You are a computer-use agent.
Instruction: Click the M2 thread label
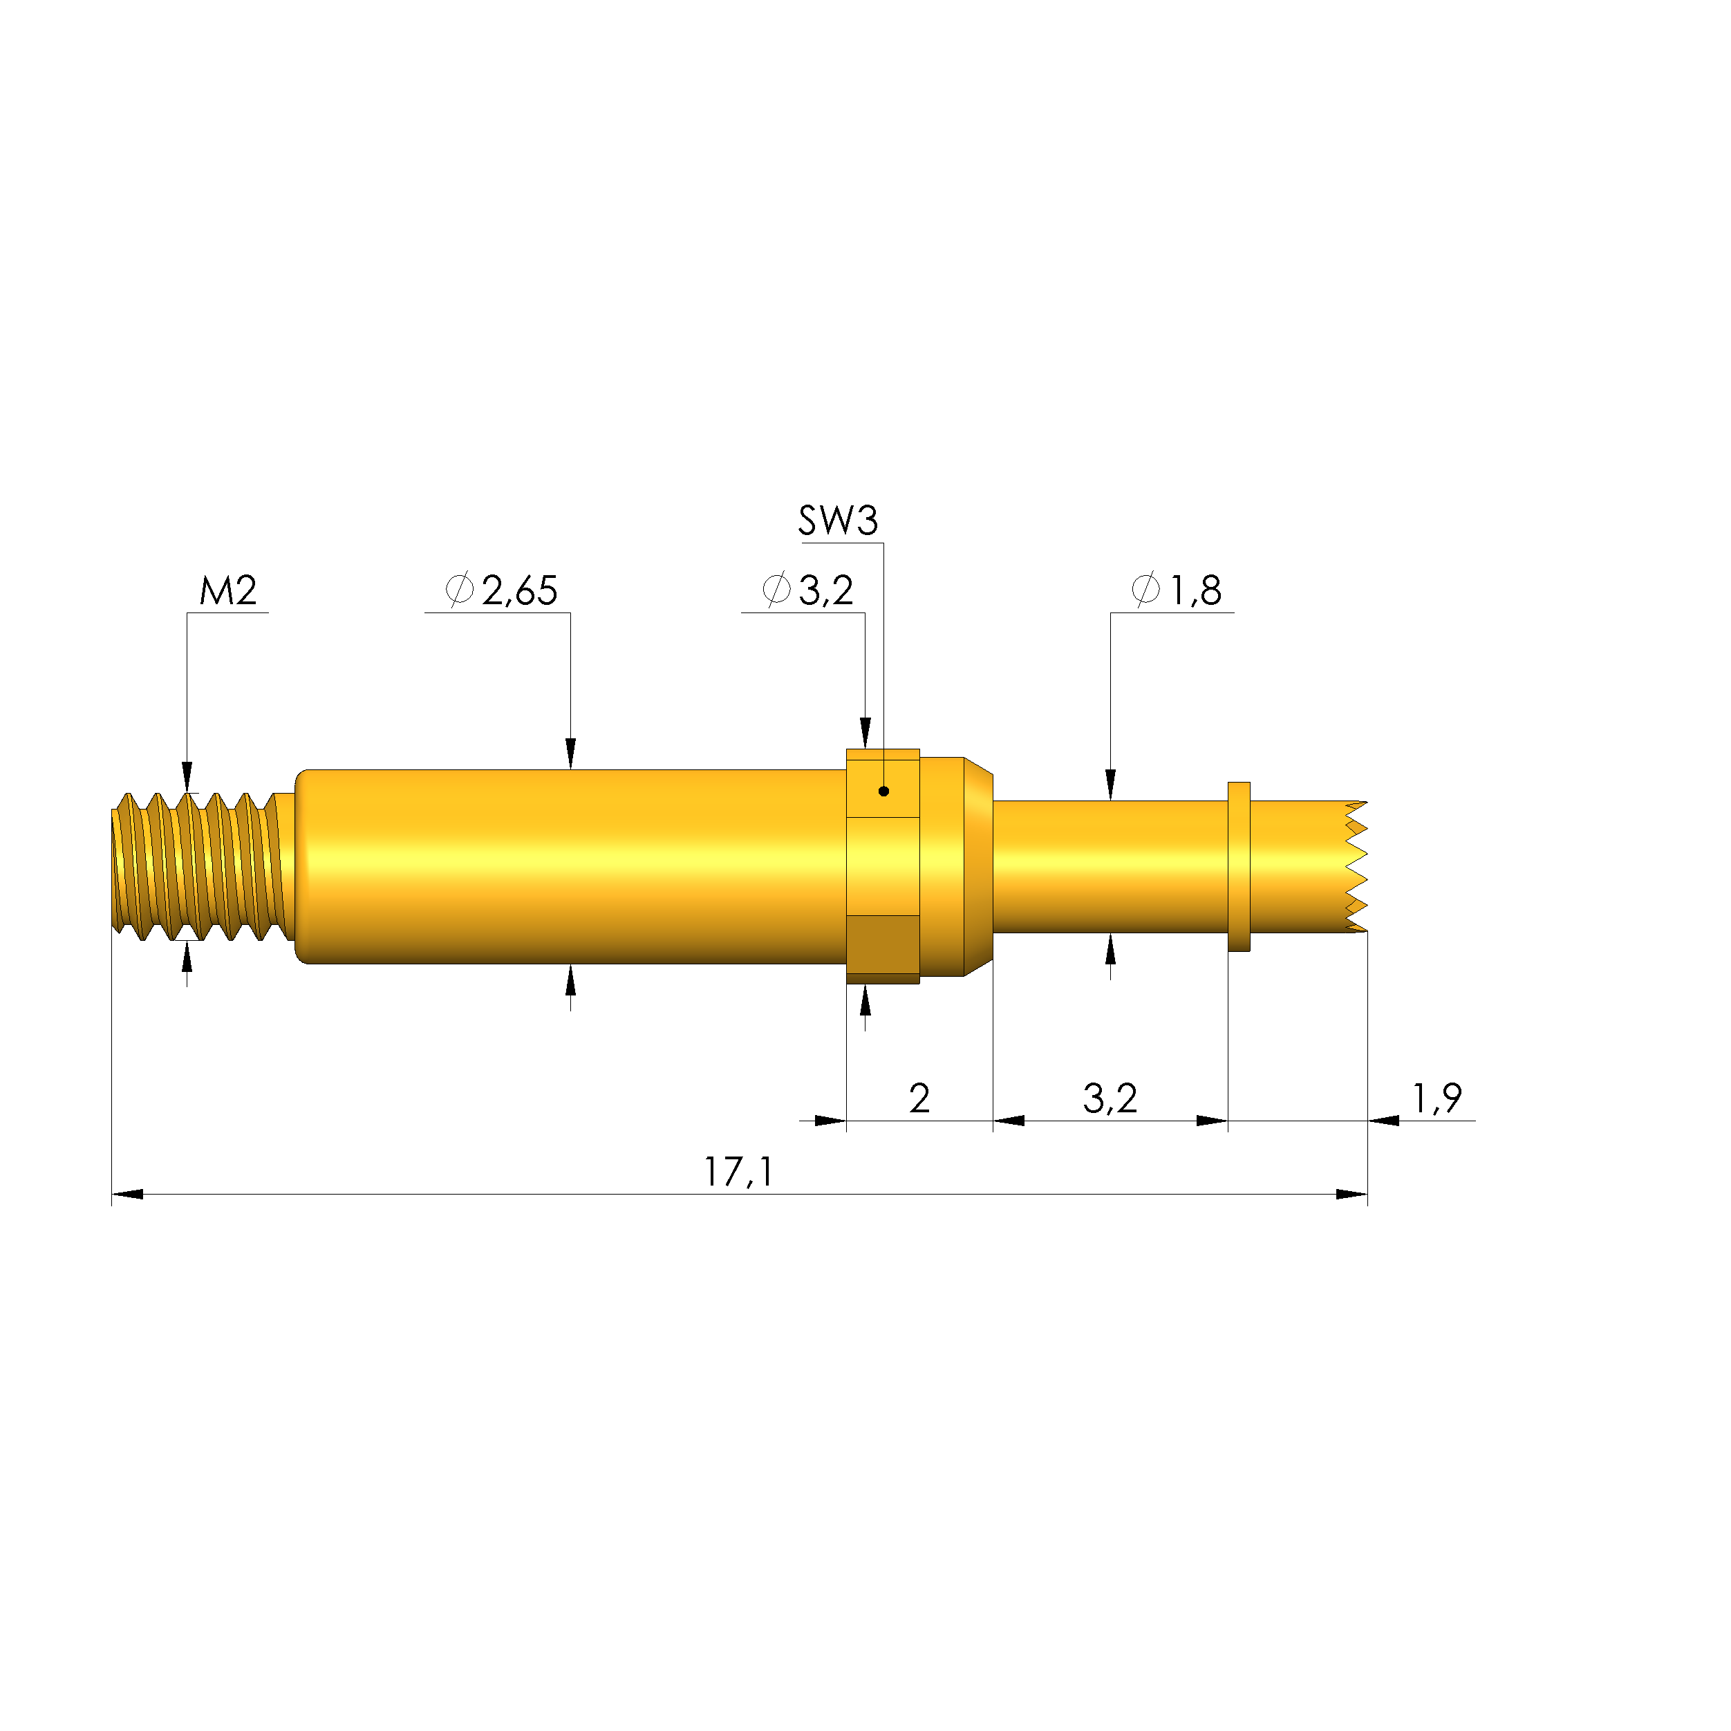227,590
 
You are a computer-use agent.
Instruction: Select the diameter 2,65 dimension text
502,590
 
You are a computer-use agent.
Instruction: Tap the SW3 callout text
838,521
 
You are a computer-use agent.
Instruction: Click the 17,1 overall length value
738,1172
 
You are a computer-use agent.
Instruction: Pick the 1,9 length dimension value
1437,1098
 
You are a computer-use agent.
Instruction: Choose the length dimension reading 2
919,1098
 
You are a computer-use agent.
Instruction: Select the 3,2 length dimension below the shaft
1110,1098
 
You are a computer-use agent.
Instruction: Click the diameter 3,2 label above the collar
808,590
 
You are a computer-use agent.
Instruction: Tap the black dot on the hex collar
883,791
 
